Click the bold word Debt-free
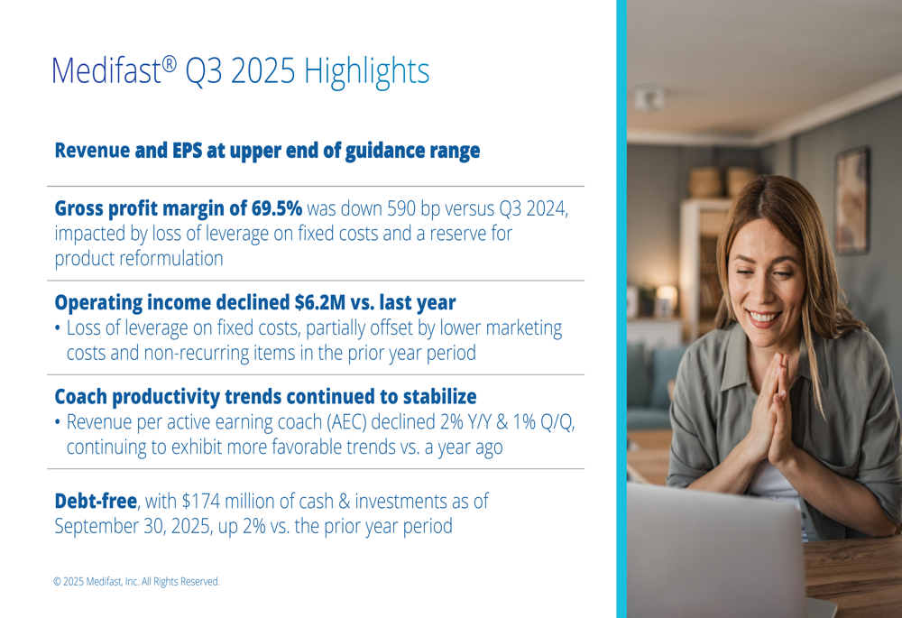point(96,500)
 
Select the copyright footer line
point(136,582)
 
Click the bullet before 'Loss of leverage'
point(59,328)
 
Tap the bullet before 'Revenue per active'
point(59,422)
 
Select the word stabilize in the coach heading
point(437,396)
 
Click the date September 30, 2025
point(130,526)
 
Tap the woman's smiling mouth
point(765,318)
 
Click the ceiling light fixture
point(649,98)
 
